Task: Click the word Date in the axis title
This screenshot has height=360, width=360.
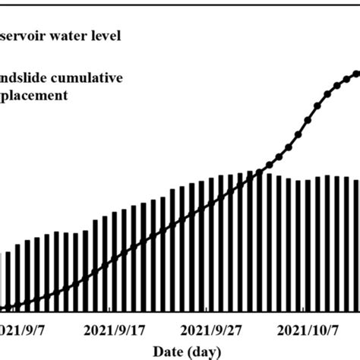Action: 166,351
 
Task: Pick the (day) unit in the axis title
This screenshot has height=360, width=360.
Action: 204,351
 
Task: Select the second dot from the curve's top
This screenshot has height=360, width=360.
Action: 347,77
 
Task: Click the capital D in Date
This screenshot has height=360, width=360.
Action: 156,351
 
